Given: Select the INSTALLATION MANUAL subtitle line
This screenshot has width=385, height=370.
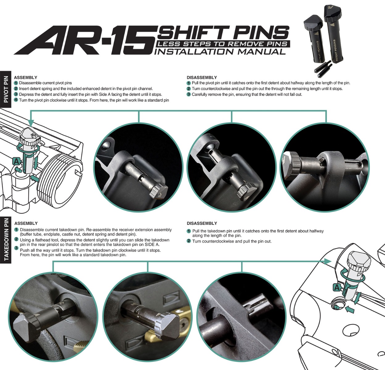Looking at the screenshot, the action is (220, 52).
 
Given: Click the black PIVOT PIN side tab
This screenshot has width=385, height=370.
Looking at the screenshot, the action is (6, 89).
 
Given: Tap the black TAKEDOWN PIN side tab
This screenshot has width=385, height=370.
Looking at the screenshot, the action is (6, 240).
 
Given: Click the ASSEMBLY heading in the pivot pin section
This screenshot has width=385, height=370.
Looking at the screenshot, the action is (26, 77).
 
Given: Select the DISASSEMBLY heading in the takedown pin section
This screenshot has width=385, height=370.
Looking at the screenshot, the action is (202, 223).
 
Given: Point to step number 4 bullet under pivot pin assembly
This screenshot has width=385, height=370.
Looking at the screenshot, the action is (16, 100).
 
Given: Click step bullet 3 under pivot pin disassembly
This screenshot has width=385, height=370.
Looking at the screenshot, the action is (189, 94).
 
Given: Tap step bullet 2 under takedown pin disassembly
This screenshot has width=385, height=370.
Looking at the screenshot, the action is (189, 241).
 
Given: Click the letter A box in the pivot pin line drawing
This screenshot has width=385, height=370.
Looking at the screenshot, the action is (16, 161).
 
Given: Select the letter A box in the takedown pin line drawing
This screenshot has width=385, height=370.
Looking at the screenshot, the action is (337, 287).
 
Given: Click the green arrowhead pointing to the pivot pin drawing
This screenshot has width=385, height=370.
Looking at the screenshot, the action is (31, 123).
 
